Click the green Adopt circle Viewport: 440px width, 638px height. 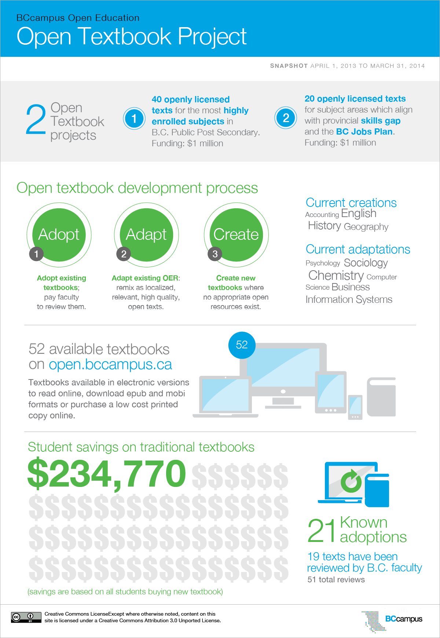[59, 235]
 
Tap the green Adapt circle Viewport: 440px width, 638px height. [146, 235]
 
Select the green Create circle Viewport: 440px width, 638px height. [236, 235]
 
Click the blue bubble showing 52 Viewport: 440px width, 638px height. [242, 345]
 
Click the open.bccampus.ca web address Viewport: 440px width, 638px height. [110, 364]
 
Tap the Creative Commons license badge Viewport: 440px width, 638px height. [26, 617]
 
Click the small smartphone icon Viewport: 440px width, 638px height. [355, 407]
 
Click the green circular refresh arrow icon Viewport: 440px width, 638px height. [351, 481]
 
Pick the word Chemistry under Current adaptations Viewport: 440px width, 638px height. [336, 275]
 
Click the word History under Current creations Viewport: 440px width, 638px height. [324, 225]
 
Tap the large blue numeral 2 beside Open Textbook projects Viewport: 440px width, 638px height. [36, 120]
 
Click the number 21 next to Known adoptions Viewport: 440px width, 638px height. [322, 531]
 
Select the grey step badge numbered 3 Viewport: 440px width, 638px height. [215, 254]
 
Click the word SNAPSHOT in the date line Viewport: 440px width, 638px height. [289, 66]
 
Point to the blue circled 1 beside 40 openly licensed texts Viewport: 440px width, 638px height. [134, 118]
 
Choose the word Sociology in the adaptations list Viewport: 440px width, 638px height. [366, 263]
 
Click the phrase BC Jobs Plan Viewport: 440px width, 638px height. [364, 132]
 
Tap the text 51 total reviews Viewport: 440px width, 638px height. [336, 580]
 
